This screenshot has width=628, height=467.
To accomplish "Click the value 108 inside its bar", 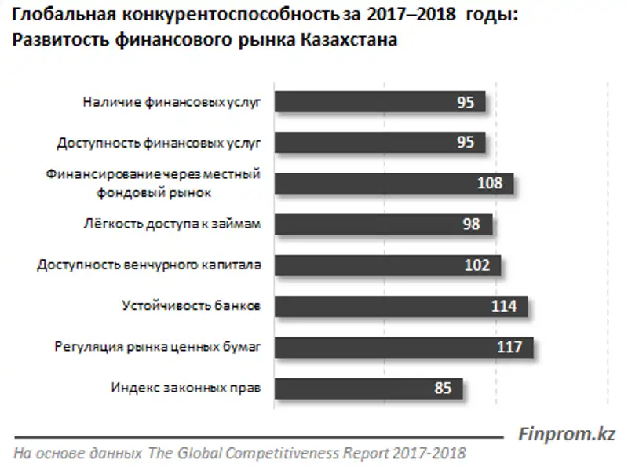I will point(490,184).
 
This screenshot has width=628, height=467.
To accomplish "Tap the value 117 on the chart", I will point(509,347).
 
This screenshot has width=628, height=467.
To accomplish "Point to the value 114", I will point(504,306).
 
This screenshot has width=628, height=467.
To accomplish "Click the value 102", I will point(477,265).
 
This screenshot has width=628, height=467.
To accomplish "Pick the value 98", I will point(471,224).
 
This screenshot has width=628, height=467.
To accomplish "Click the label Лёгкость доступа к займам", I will point(171,224).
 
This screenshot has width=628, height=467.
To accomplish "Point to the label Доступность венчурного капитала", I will point(148,265).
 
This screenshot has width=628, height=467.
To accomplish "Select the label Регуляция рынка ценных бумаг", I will point(156,347).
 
